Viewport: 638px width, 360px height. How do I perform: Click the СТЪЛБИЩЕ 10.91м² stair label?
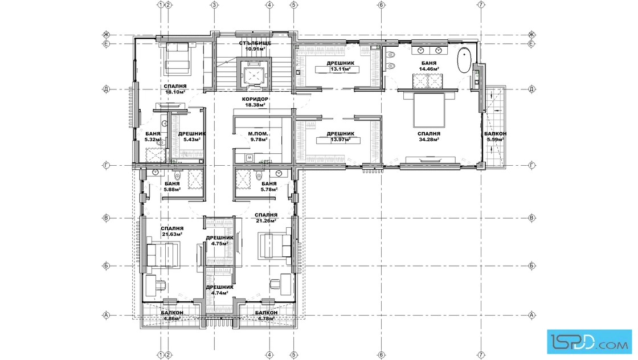tap(255, 46)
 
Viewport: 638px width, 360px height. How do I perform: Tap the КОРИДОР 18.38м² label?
tap(255, 102)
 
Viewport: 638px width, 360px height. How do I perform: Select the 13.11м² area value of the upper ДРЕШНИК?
tap(340, 69)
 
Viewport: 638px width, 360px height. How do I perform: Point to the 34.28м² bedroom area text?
tap(429, 140)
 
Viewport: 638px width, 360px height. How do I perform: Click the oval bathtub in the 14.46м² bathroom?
tap(464, 61)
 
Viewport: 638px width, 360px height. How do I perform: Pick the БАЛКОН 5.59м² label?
tap(495, 137)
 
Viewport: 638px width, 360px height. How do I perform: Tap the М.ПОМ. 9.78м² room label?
tap(259, 137)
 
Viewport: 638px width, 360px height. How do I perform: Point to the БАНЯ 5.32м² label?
tap(153, 137)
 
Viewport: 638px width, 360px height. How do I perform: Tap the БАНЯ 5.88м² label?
tap(172, 187)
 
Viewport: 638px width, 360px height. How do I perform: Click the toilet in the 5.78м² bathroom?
tap(259, 176)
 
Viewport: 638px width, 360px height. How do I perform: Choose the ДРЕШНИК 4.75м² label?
tap(220, 241)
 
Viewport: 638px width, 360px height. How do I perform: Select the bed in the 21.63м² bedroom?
tap(163, 255)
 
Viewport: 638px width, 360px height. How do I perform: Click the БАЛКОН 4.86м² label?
tap(172, 316)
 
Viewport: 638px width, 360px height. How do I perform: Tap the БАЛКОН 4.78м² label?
tap(267, 316)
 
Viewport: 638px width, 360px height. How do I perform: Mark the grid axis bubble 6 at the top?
tap(381, 5)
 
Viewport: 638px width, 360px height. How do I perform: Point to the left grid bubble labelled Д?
tap(107, 89)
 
